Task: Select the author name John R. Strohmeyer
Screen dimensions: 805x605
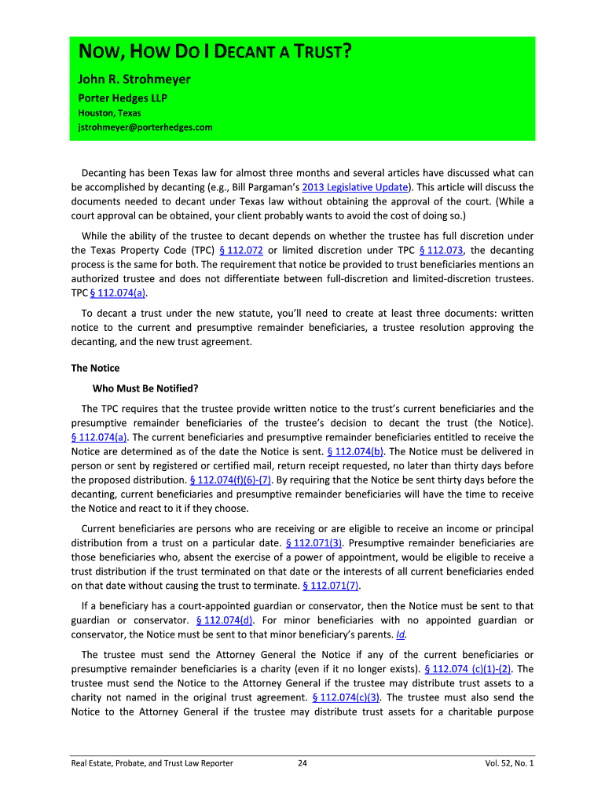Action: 133,79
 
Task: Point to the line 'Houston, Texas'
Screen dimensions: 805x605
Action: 108,112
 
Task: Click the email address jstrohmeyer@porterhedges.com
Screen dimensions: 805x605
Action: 145,127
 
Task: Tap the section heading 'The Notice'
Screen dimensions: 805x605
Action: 95,368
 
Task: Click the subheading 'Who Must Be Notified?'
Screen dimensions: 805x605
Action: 145,388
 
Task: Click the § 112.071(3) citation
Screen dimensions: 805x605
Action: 313,542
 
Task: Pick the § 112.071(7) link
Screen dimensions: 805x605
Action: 331,585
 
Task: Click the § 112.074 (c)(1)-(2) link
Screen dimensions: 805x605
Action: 467,669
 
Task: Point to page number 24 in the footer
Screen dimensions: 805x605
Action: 302,763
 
